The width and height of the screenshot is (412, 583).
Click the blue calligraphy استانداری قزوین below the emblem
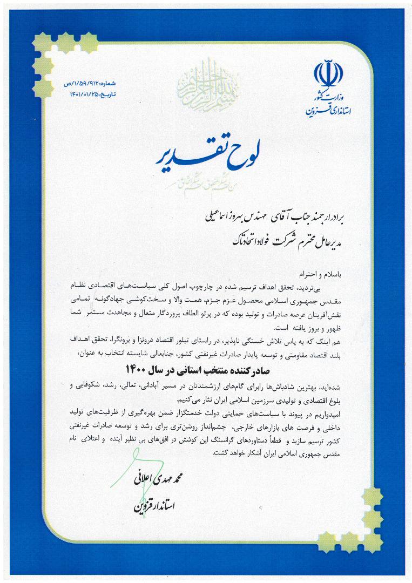[x=328, y=112]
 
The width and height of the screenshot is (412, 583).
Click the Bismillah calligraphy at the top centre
[x=206, y=81]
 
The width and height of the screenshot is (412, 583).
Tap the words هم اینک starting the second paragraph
[x=336, y=341]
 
